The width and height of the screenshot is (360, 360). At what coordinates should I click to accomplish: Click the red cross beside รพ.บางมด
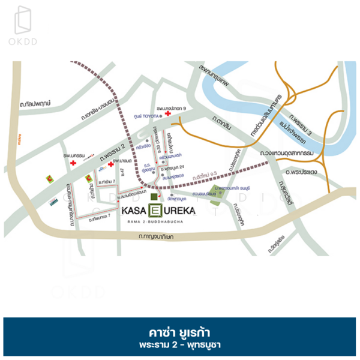pos(111,162)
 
